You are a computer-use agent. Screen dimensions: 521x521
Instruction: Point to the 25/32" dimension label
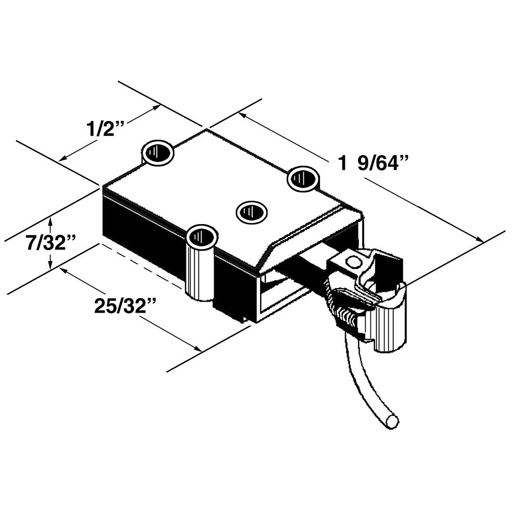point(126,306)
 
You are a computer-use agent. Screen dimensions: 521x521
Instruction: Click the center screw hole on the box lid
point(252,212)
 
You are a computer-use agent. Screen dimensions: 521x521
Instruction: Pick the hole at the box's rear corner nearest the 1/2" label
point(158,153)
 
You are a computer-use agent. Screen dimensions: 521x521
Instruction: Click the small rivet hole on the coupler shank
point(354,262)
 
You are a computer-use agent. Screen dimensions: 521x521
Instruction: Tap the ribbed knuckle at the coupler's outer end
point(388,326)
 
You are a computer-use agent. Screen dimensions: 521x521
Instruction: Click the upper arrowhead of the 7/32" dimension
point(50,221)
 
